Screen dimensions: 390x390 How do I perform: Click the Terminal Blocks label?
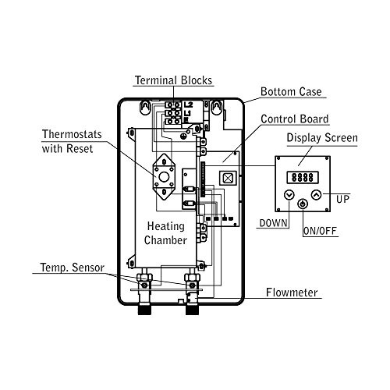tap(174, 80)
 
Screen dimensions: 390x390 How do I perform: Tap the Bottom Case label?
tap(291, 92)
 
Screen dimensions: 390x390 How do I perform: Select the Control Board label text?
tap(295, 119)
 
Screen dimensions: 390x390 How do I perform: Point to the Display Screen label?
tap(322, 138)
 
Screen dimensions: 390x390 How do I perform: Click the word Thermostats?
tap(72, 134)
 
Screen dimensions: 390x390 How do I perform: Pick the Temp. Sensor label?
tap(72, 268)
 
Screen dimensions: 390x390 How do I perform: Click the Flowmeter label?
tap(292, 292)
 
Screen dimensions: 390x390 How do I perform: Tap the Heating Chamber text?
tap(165, 233)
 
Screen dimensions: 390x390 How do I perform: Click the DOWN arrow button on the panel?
tap(289, 195)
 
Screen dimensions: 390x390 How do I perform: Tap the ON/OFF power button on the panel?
tap(303, 204)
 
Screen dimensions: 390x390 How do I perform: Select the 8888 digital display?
tap(303, 178)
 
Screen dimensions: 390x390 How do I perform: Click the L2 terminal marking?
tap(188, 105)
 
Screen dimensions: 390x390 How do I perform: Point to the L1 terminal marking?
tap(187, 113)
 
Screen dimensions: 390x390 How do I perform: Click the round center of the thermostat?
tap(164, 177)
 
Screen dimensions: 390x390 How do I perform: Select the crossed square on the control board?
tap(228, 178)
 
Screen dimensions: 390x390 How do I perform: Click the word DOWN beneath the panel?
tap(274, 223)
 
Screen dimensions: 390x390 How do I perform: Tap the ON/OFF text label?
tap(320, 231)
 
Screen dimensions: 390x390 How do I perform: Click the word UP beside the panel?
tap(342, 200)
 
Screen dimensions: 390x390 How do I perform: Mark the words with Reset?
tap(67, 149)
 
